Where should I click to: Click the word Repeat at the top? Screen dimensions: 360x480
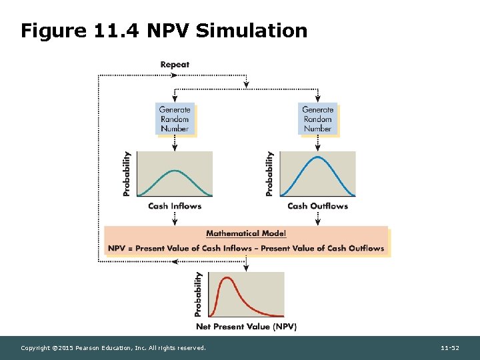[175, 65]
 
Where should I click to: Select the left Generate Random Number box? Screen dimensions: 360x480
[175, 119]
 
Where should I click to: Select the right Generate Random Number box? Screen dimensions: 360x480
[317, 119]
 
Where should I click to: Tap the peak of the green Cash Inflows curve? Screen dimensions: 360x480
[175, 171]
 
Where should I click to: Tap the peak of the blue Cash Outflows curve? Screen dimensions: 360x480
[318, 157]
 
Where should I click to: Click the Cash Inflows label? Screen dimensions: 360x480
[175, 206]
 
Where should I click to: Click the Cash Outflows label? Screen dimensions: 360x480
[317, 206]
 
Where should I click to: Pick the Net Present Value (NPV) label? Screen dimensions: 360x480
[246, 327]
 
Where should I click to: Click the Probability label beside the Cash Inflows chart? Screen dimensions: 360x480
[127, 173]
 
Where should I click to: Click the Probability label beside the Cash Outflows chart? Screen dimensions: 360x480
[269, 173]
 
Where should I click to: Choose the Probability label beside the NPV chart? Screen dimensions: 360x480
[198, 294]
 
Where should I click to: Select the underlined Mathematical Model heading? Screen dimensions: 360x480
[246, 233]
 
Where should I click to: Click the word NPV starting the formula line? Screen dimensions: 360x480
[115, 248]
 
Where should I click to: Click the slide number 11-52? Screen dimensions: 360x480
[450, 348]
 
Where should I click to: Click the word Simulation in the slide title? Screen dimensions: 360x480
[253, 31]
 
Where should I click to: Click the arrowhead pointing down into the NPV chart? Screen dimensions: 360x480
[246, 268]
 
